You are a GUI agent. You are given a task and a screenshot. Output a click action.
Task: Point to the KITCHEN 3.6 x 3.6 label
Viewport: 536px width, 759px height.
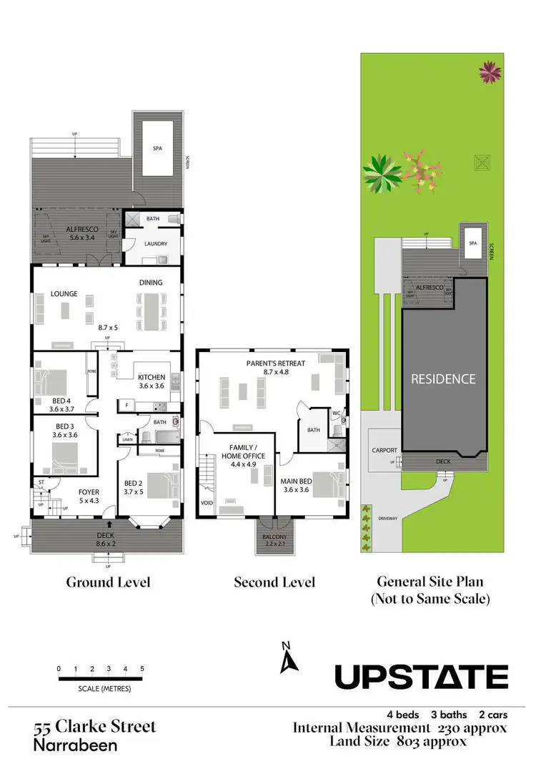click(151, 381)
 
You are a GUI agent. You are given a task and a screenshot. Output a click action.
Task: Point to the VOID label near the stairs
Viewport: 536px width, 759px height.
click(207, 503)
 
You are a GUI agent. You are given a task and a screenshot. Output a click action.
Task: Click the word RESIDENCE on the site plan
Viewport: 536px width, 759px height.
click(442, 378)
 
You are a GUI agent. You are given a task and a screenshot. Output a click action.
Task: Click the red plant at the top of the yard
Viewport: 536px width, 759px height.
click(490, 71)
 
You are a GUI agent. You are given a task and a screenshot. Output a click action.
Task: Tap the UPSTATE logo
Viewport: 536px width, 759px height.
click(422, 676)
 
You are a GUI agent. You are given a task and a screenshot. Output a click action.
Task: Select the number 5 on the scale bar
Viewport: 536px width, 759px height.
click(142, 669)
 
